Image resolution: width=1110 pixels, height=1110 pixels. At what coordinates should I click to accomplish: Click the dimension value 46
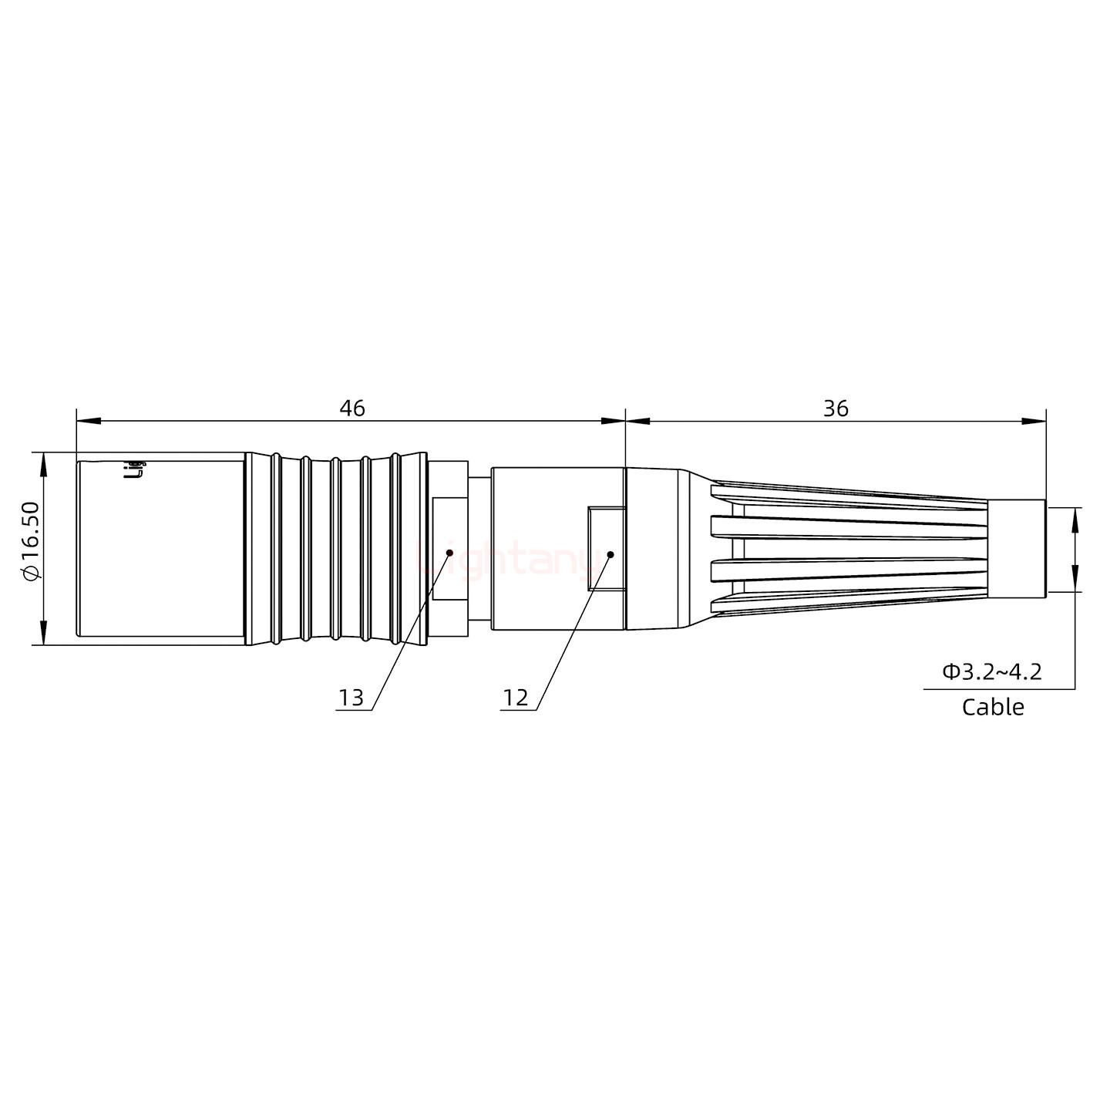tap(352, 409)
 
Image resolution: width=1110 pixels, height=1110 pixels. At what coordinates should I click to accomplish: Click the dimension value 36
tap(836, 409)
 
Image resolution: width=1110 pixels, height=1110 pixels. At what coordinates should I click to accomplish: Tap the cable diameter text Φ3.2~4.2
tap(991, 672)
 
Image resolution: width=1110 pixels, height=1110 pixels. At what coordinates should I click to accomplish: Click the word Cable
tap(993, 707)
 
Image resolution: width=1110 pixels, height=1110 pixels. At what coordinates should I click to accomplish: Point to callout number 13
tap(351, 698)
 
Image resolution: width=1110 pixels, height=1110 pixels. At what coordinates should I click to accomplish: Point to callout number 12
tap(516, 698)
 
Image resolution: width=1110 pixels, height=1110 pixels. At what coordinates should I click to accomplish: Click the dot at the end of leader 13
tap(449, 552)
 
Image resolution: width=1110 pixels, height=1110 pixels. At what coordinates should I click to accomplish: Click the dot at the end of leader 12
tap(610, 554)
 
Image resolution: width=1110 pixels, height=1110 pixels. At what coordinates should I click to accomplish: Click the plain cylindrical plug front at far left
tap(160, 548)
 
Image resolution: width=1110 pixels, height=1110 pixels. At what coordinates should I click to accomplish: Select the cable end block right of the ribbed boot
tap(1016, 548)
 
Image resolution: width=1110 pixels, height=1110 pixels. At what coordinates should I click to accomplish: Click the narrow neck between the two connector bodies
tap(479, 548)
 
